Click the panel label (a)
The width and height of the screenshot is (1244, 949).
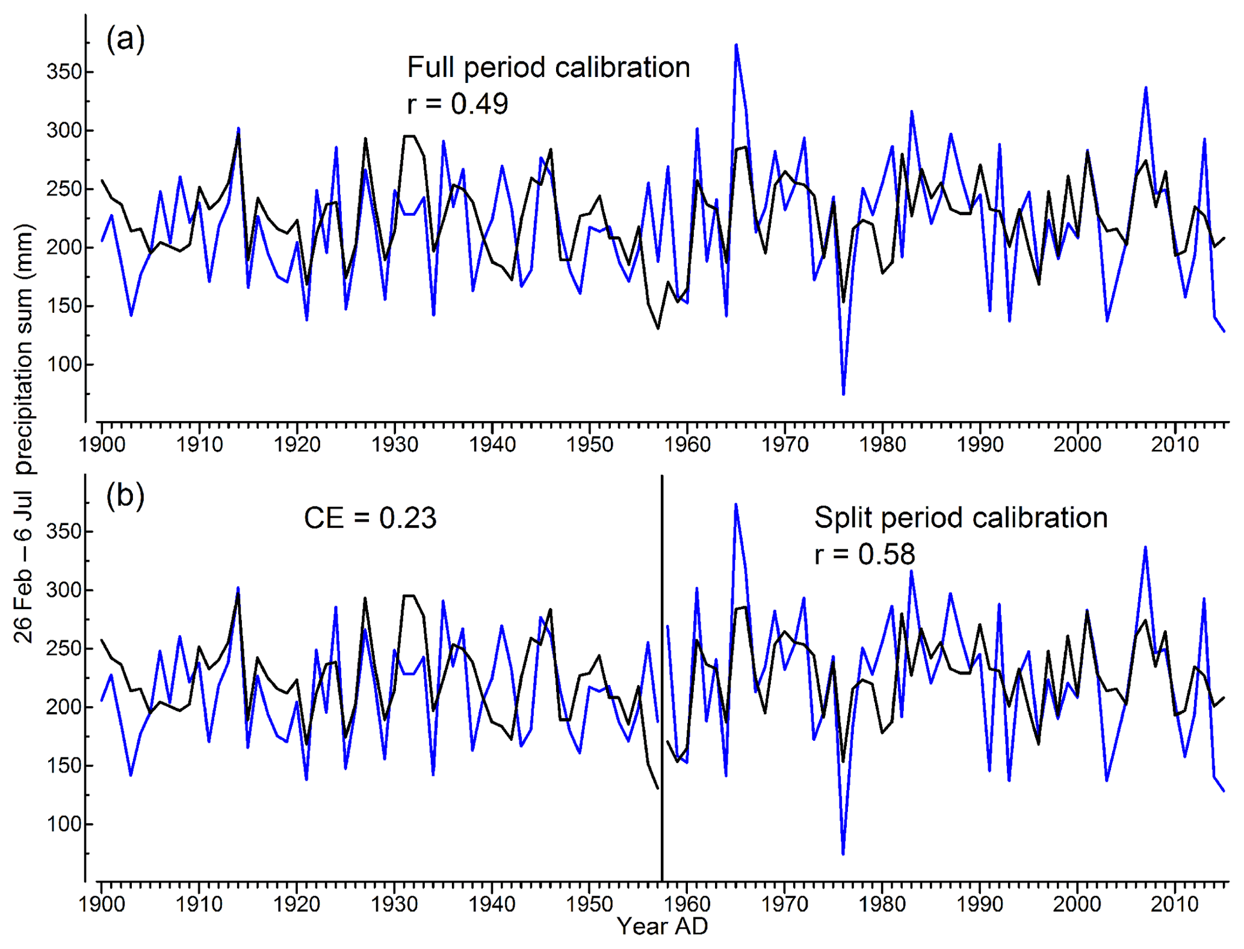125,40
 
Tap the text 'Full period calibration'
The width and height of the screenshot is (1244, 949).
548,67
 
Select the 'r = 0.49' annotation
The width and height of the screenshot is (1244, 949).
457,104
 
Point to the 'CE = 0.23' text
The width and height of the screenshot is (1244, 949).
370,518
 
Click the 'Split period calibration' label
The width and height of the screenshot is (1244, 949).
961,518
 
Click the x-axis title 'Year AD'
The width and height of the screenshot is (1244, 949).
663,927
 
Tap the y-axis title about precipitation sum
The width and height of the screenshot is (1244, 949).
23,433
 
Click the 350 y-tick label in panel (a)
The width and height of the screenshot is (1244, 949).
64,72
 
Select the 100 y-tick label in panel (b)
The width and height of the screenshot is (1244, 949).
64,824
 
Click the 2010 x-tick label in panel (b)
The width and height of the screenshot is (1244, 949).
1175,904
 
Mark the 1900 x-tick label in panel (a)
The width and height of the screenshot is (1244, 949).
102,445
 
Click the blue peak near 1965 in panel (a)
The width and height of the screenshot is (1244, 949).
736,45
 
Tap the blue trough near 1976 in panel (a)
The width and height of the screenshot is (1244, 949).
843,394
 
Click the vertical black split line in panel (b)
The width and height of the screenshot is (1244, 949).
662,680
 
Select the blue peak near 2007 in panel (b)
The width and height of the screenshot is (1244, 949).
1145,547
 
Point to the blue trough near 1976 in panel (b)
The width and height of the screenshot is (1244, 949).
843,853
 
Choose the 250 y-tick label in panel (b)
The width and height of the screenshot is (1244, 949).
64,649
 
